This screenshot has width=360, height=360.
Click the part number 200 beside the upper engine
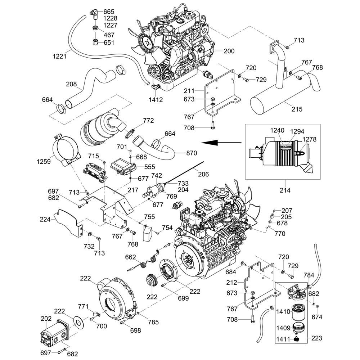(229, 51)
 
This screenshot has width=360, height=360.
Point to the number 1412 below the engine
(157, 99)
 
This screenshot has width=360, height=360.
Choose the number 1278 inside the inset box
(309, 139)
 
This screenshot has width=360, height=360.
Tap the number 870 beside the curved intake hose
(192, 153)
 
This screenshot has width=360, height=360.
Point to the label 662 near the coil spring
(130, 257)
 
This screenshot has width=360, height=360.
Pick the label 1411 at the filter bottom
(283, 339)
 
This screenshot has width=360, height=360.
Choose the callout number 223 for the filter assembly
(316, 338)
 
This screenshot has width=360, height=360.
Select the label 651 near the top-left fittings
(109, 43)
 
